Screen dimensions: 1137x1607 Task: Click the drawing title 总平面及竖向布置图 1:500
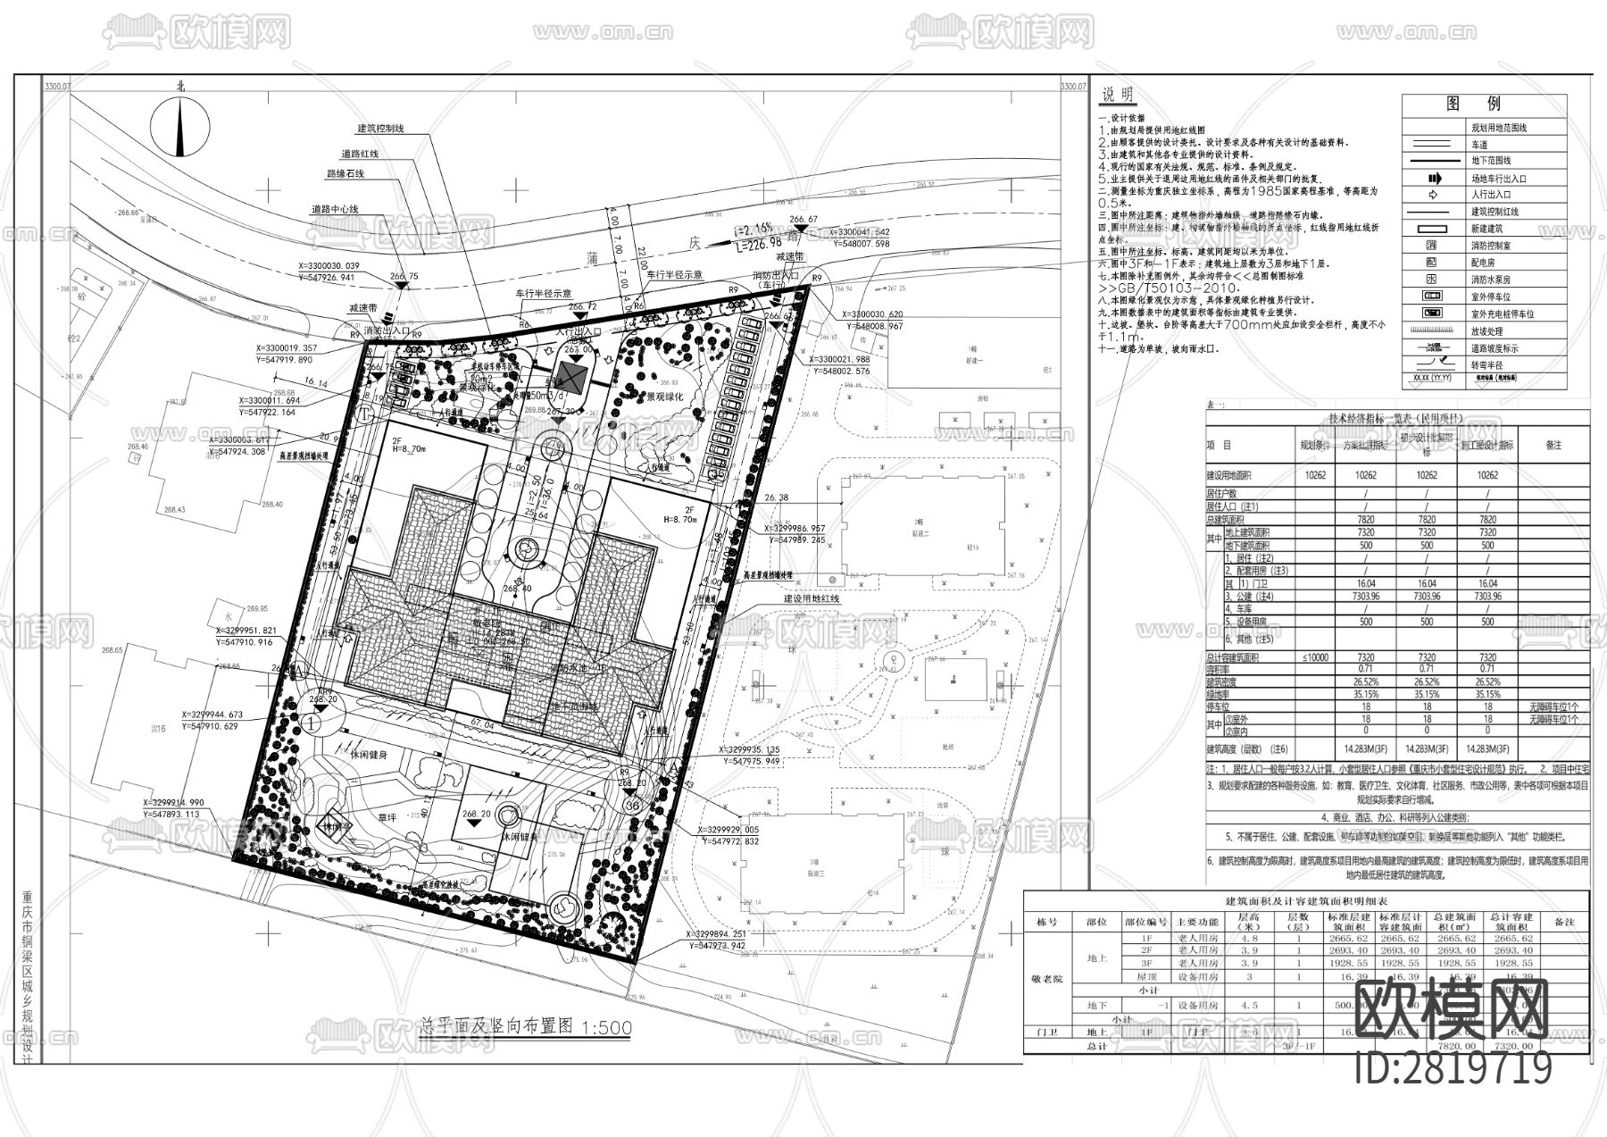click(x=525, y=1027)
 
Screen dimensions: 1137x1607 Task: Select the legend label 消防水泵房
click(x=1491, y=280)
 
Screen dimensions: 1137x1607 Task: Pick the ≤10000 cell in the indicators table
click(x=1315, y=657)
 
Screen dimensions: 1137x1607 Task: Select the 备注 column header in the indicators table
click(x=1553, y=444)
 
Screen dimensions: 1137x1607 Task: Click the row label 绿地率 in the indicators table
click(x=1219, y=694)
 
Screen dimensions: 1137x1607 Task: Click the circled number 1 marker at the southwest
click(x=311, y=720)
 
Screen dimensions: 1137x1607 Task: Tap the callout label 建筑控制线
click(x=380, y=129)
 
